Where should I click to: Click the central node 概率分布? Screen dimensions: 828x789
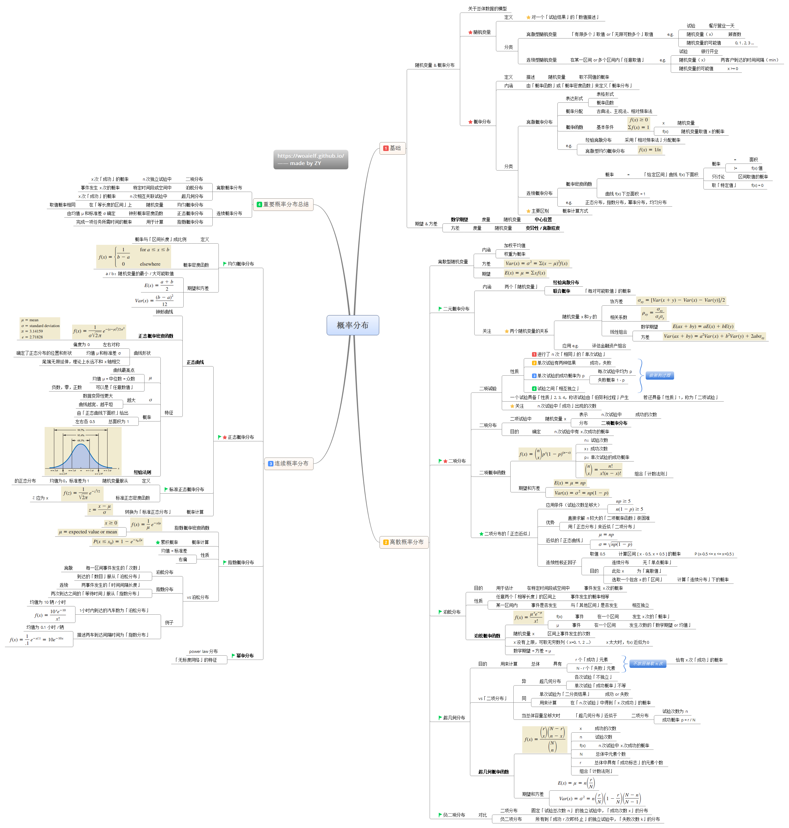point(352,325)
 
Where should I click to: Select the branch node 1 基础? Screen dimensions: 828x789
point(392,148)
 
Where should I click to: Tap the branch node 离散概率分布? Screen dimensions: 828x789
point(404,542)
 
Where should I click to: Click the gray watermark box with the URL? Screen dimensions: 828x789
point(310,160)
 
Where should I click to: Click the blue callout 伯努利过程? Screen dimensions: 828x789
point(659,375)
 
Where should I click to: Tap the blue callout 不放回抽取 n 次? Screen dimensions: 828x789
point(647,664)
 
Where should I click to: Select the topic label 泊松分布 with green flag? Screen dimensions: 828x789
point(452,612)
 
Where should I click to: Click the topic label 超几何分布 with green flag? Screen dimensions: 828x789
point(454,718)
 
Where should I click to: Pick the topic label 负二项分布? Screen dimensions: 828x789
point(454,815)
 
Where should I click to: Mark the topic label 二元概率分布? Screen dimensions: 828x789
point(456,309)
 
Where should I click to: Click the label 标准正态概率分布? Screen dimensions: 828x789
point(186,489)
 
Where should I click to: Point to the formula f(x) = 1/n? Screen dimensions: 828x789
point(650,150)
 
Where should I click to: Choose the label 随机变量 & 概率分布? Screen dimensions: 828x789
point(435,65)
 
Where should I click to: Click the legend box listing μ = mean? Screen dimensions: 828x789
point(40,329)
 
